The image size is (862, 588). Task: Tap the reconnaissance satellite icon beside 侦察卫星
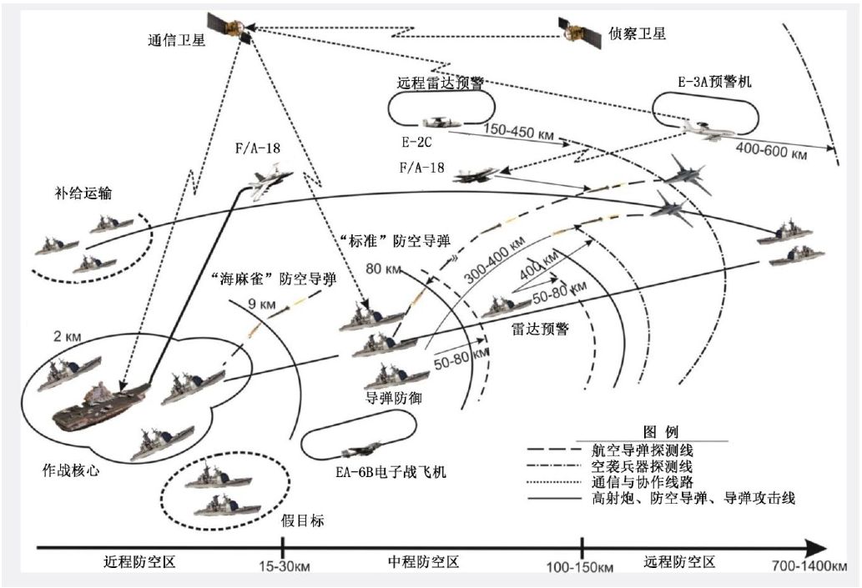576,33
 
